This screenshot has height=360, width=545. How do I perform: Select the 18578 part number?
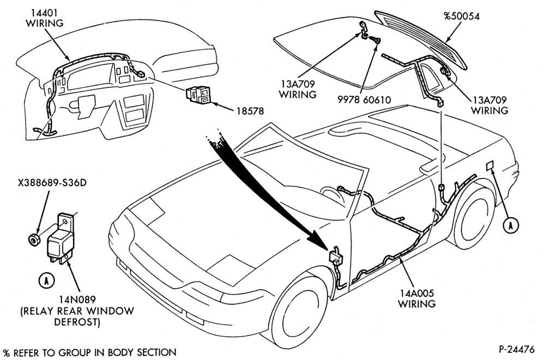tap(250, 111)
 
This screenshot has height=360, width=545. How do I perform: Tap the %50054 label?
tap(462, 16)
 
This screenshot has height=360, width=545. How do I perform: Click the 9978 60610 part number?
tap(364, 100)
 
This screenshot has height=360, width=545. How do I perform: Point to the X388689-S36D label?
tap(52, 182)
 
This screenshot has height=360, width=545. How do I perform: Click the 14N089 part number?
tap(77, 299)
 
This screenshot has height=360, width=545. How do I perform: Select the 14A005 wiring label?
tap(416, 298)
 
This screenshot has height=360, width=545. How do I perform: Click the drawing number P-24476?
tap(517, 349)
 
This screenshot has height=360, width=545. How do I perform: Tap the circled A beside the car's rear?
tap(511, 225)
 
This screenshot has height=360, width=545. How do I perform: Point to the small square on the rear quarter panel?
tap(490, 166)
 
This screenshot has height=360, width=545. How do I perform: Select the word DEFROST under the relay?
tap(77, 322)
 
